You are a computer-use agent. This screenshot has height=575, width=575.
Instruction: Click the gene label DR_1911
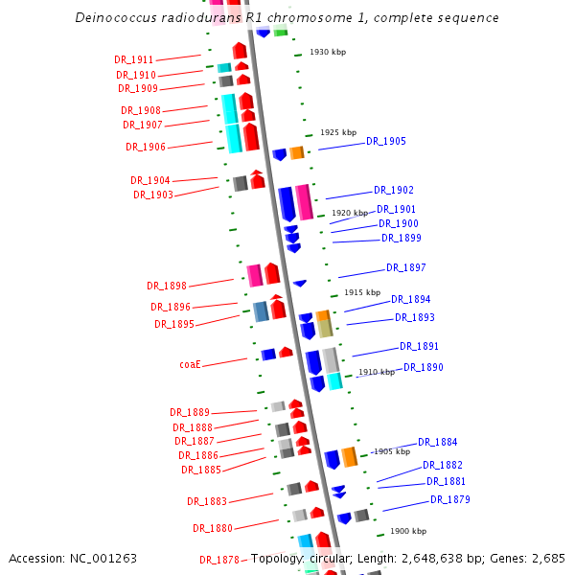click(x=133, y=60)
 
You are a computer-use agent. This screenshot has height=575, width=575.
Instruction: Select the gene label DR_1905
click(x=386, y=142)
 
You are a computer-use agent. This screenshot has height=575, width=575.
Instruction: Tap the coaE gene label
click(x=190, y=365)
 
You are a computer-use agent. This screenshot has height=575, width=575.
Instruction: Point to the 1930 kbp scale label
click(x=327, y=52)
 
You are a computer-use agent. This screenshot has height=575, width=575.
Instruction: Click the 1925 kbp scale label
click(x=337, y=133)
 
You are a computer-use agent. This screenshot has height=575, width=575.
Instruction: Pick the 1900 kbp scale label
click(x=407, y=531)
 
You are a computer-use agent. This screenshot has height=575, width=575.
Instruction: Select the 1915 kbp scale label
click(x=361, y=292)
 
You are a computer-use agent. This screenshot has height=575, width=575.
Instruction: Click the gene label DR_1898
click(x=167, y=286)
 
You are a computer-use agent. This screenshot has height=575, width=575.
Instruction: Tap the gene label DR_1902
click(x=394, y=191)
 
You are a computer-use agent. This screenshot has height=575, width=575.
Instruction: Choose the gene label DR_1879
click(x=449, y=500)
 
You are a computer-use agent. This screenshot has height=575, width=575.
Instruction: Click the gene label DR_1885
click(x=201, y=471)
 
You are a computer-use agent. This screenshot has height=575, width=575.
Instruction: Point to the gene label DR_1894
click(x=410, y=300)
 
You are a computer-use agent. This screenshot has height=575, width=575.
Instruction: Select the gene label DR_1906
click(x=146, y=148)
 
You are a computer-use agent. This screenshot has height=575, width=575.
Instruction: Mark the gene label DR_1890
click(x=423, y=368)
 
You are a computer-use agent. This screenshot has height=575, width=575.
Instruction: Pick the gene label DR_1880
click(x=213, y=529)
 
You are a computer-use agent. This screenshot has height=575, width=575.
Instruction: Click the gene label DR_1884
click(x=437, y=443)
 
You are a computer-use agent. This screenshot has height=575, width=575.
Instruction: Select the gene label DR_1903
click(x=153, y=195)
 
